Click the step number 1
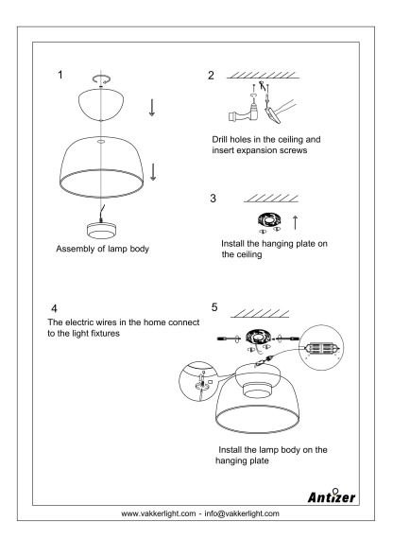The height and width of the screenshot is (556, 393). tap(60, 75)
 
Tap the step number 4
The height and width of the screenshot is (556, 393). tap(54, 308)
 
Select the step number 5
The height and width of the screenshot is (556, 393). tap(214, 307)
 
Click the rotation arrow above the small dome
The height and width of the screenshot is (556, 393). tap(101, 79)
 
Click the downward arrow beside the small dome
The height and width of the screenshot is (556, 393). tap(152, 108)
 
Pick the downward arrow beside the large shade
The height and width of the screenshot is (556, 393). tap(153, 172)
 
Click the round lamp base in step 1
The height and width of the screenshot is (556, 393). tap(101, 231)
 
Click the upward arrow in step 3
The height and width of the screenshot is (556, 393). tap(295, 222)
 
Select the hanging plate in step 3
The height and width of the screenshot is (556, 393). tap(269, 221)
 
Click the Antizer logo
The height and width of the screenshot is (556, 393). tap(331, 495)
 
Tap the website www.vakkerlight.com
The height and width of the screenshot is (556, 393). tap(159, 513)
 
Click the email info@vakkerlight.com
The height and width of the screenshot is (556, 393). tap(242, 513)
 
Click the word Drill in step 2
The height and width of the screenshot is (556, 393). tap(220, 139)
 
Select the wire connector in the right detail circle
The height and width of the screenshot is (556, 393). tap(321, 348)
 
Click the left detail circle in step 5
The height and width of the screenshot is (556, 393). tap(198, 381)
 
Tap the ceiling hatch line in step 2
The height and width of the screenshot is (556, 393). tap(263, 76)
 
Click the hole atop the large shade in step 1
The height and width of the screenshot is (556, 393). tap(101, 142)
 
